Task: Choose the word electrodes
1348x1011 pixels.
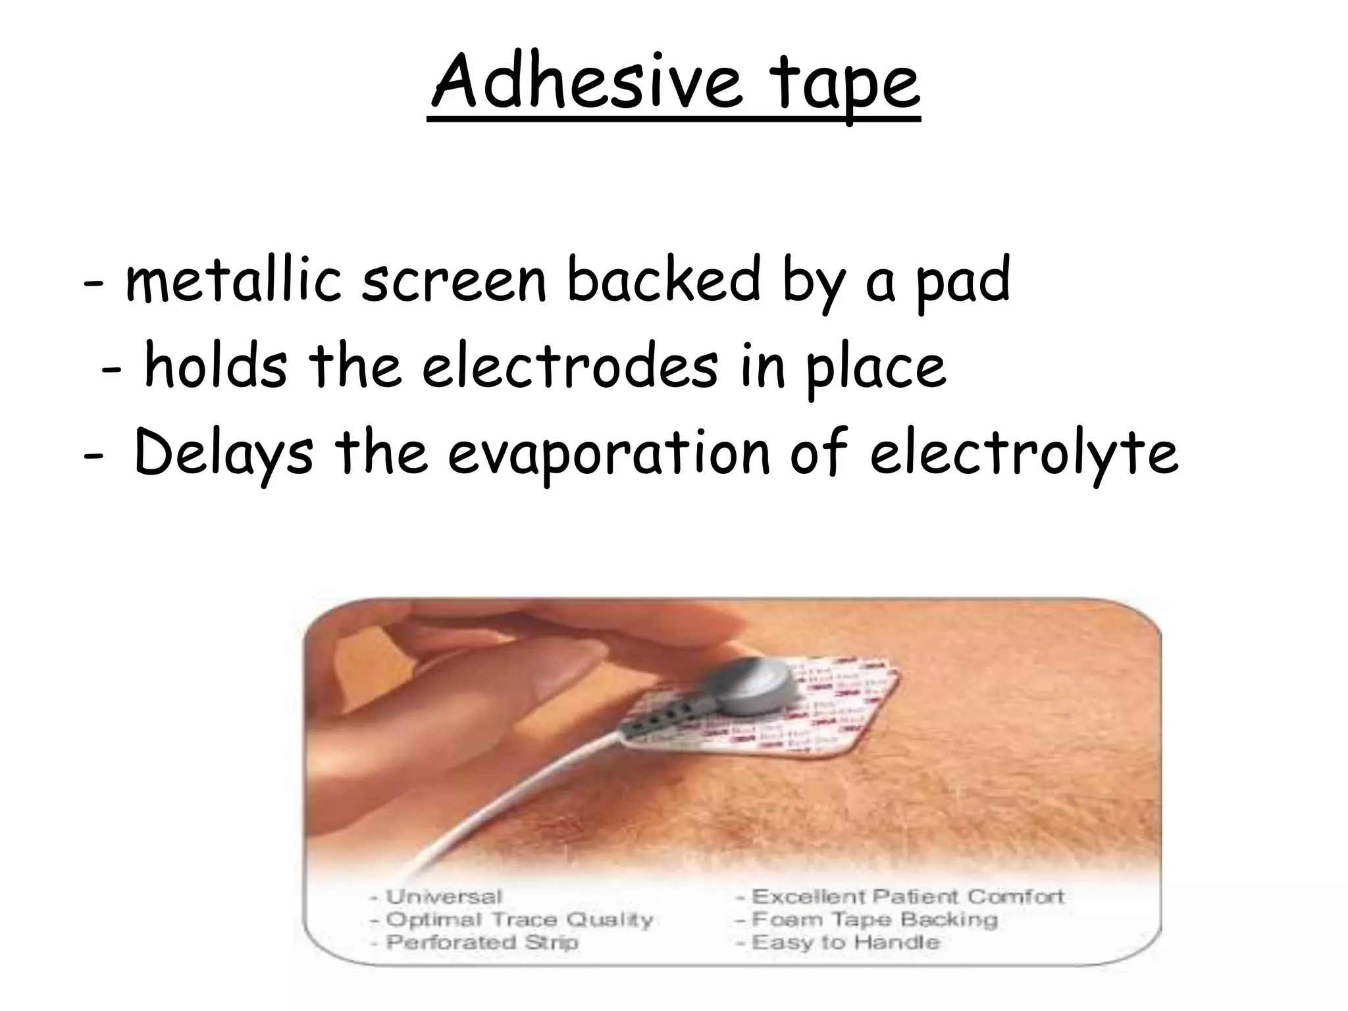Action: coord(570,366)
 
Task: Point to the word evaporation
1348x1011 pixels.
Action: coord(609,454)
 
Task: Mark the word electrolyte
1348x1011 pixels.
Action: coord(1024,454)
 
